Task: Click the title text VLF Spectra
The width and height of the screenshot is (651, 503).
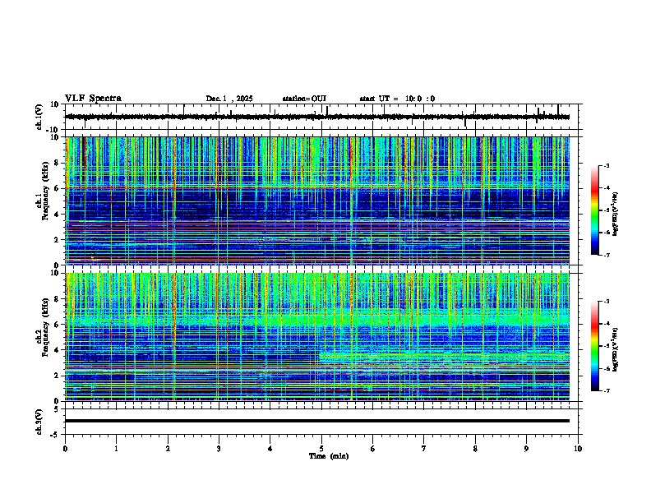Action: click(93, 99)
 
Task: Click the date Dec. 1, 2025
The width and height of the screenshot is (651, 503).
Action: click(232, 99)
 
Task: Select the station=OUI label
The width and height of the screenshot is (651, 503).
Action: click(304, 99)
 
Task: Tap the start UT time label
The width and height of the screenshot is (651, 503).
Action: click(397, 99)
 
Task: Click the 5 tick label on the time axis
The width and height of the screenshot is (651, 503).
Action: click(321, 449)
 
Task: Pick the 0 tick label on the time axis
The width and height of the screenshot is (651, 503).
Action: click(65, 449)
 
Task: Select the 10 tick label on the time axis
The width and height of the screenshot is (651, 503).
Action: click(579, 449)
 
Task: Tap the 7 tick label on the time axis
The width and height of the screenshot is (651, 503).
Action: click(424, 449)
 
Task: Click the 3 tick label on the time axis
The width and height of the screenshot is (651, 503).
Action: click(219, 449)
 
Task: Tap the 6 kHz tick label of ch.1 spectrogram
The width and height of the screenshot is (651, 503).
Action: click(57, 188)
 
